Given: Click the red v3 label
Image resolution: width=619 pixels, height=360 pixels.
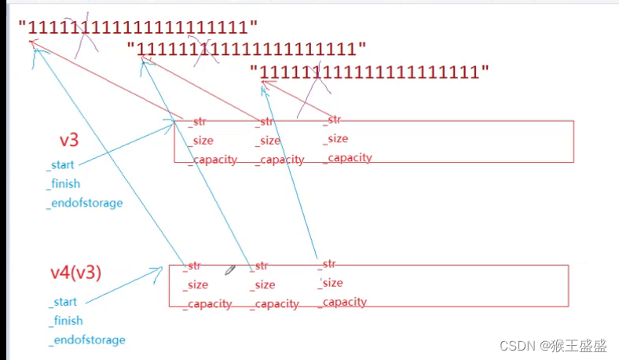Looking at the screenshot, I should (x=69, y=141).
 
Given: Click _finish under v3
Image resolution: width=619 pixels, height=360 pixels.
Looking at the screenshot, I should (x=64, y=184).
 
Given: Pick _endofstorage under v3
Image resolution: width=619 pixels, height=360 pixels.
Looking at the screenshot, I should (x=85, y=203).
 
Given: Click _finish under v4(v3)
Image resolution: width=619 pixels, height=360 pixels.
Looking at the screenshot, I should (x=66, y=321).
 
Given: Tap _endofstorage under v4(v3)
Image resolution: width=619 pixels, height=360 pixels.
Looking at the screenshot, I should (x=86, y=340).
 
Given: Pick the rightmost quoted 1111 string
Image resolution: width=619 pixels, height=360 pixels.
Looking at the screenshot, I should (x=370, y=72).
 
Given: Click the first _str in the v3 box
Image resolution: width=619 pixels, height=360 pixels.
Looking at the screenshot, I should (x=196, y=122).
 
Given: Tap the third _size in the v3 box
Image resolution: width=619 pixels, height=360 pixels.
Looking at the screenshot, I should (x=335, y=138).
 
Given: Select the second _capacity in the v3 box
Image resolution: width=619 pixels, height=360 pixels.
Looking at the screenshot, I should (x=280, y=160).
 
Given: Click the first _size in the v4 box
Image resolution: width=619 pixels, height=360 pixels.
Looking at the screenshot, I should (x=195, y=285).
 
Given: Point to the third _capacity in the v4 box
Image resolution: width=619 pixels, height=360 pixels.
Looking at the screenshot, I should (x=344, y=302).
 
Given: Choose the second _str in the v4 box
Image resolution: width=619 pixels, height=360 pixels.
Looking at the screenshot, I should (x=260, y=266).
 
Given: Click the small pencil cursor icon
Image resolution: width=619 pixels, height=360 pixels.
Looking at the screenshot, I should (x=230, y=270).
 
